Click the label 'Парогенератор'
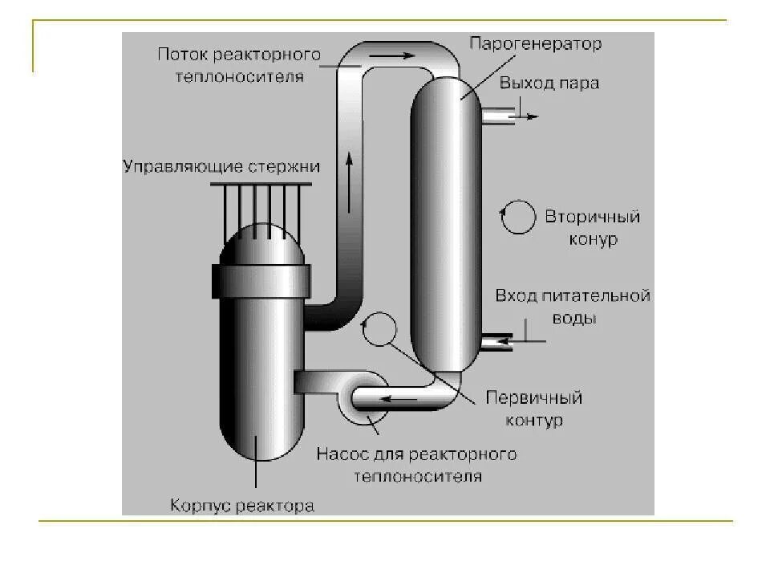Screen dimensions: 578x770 (x=535, y=43)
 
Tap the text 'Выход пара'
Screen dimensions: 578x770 (x=549, y=83)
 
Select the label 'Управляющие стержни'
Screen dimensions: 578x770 (x=221, y=167)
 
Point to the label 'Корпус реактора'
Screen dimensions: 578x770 (x=241, y=507)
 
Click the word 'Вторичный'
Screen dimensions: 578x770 (x=592, y=217)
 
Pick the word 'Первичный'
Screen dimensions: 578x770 (x=534, y=398)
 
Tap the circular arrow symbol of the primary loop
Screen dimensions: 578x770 (x=379, y=330)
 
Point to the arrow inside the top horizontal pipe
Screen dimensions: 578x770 (x=403, y=56)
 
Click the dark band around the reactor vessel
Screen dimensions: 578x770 (x=261, y=279)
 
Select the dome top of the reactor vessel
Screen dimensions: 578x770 (x=261, y=241)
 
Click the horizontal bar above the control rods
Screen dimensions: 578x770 (x=261, y=185)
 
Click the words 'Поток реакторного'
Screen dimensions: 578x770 (x=239, y=55)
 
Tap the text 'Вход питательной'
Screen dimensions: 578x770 (x=572, y=295)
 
